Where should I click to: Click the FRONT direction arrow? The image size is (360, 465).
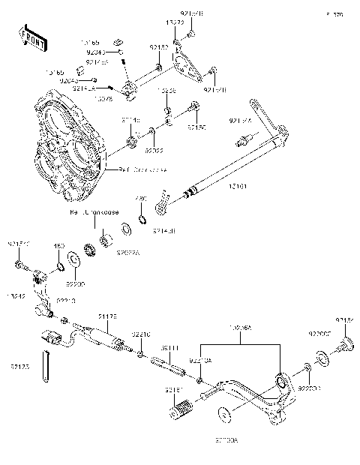[29, 35]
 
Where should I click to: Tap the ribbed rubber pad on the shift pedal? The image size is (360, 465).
[183, 411]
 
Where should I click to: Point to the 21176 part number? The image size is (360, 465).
[106, 317]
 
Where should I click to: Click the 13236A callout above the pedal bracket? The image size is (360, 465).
[240, 328]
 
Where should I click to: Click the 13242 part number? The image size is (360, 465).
[16, 295]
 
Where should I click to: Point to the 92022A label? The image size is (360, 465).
[127, 253]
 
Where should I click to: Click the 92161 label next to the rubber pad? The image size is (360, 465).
[173, 390]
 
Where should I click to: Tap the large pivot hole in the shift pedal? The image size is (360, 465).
[282, 384]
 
